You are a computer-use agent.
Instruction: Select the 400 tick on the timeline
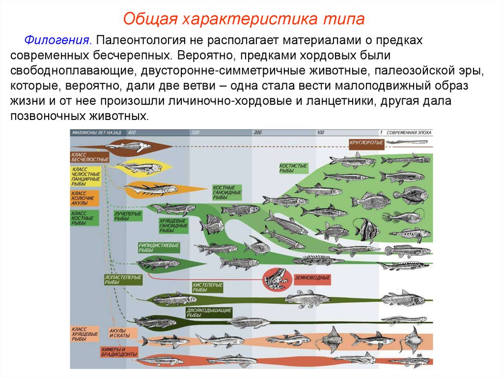(x=131, y=133)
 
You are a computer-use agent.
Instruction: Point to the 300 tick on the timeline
(x=195, y=133)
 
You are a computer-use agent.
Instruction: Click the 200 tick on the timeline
(x=258, y=133)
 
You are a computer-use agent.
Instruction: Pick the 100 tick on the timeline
(x=321, y=133)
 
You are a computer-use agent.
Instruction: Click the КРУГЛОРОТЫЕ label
(x=365, y=143)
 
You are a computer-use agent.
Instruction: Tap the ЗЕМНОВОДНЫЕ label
(x=312, y=278)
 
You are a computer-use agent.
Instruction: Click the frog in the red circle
(x=273, y=279)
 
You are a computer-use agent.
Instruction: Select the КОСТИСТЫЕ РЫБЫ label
(x=293, y=169)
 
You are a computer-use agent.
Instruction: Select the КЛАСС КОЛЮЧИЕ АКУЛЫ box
(x=84, y=198)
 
